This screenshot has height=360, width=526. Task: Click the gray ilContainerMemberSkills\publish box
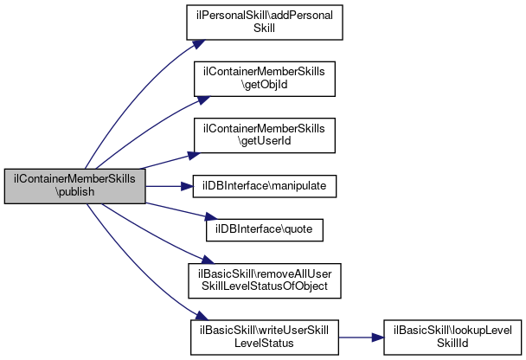pos(74,186)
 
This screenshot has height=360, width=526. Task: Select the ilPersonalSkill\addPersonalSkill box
pos(265,22)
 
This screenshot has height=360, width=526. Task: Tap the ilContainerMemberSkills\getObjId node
pos(265,79)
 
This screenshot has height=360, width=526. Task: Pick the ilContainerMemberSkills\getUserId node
pos(265,136)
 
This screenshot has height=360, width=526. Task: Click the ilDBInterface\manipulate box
pos(265,186)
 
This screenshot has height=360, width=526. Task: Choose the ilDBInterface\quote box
pos(265,230)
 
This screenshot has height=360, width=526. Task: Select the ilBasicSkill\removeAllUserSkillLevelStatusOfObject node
pos(265,281)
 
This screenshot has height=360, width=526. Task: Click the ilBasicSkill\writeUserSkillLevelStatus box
pos(265,337)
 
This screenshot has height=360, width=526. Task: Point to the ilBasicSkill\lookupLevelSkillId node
pos(452,337)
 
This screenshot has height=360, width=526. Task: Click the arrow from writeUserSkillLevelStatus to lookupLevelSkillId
pos(361,337)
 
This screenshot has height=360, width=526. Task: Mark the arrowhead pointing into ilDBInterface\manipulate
pos(187,186)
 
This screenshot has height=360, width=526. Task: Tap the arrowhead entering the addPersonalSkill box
pos(198,44)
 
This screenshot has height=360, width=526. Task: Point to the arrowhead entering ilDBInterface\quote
pos(211,216)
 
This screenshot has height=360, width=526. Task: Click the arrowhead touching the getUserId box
pos(194,156)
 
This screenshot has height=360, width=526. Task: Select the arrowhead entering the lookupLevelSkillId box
pos(378,337)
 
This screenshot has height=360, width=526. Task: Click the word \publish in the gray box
pos(74,192)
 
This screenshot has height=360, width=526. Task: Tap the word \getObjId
pos(265,85)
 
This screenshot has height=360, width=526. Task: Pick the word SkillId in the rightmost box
pos(452,344)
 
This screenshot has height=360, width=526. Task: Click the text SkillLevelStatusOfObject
pos(265,286)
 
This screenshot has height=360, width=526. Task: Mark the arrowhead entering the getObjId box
pos(203,100)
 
